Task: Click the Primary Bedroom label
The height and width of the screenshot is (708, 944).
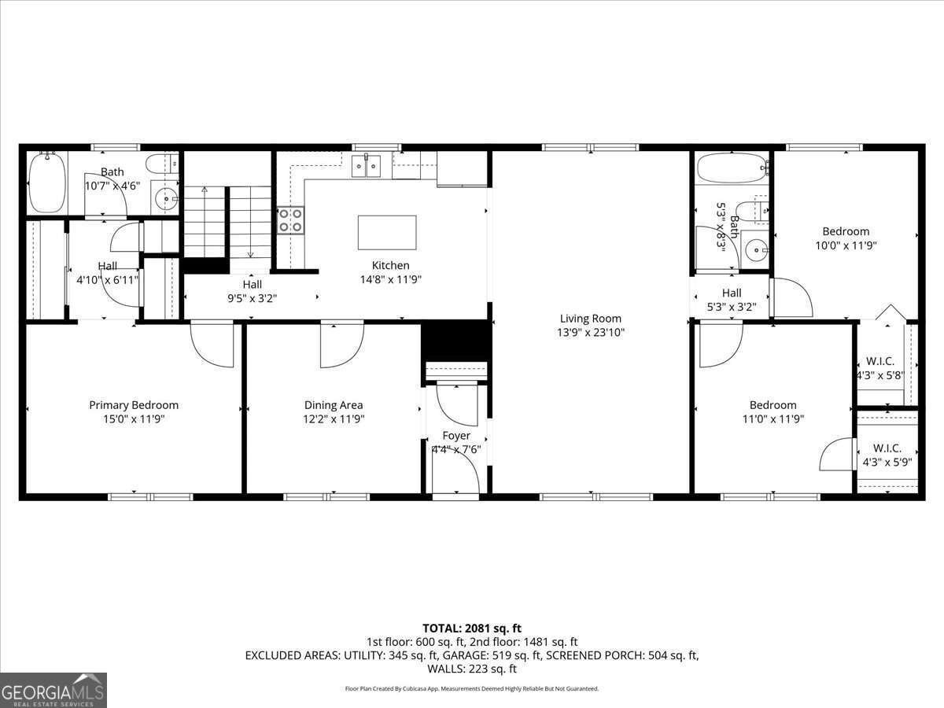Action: tap(134, 405)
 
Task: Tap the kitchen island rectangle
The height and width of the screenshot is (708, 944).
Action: tap(387, 232)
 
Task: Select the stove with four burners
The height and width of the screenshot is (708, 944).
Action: tap(290, 220)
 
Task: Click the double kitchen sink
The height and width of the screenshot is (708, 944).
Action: tap(366, 166)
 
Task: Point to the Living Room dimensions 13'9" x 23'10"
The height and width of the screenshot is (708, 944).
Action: tap(591, 332)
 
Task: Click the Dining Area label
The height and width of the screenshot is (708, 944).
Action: tap(334, 405)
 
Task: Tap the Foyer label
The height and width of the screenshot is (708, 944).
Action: tap(456, 435)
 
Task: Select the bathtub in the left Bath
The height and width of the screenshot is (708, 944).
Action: tap(47, 183)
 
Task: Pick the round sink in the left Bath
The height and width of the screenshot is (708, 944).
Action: tap(167, 199)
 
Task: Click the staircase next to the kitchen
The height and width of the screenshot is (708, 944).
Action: tap(228, 223)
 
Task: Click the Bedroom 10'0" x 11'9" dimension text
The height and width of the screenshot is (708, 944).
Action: tap(846, 245)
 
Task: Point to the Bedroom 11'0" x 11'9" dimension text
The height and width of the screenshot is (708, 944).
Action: tap(773, 419)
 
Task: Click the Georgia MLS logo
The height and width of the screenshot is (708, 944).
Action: tap(53, 690)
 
